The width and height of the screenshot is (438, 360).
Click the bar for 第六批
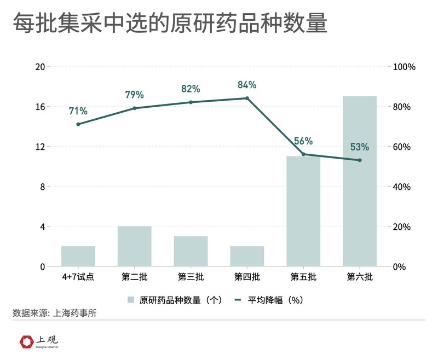360,181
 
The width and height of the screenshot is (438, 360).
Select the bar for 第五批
303,211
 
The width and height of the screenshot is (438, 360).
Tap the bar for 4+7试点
78,256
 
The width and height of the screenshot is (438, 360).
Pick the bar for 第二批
135,246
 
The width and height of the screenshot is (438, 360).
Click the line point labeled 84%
247,98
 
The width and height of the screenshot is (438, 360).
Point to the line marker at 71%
78,124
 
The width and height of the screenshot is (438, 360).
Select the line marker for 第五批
303,154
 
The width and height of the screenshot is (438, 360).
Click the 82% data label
191,89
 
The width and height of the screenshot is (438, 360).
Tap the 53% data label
360,147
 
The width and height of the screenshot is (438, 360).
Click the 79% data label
135,95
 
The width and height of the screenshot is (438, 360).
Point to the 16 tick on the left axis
39,107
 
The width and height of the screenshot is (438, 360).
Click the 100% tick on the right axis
405,67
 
